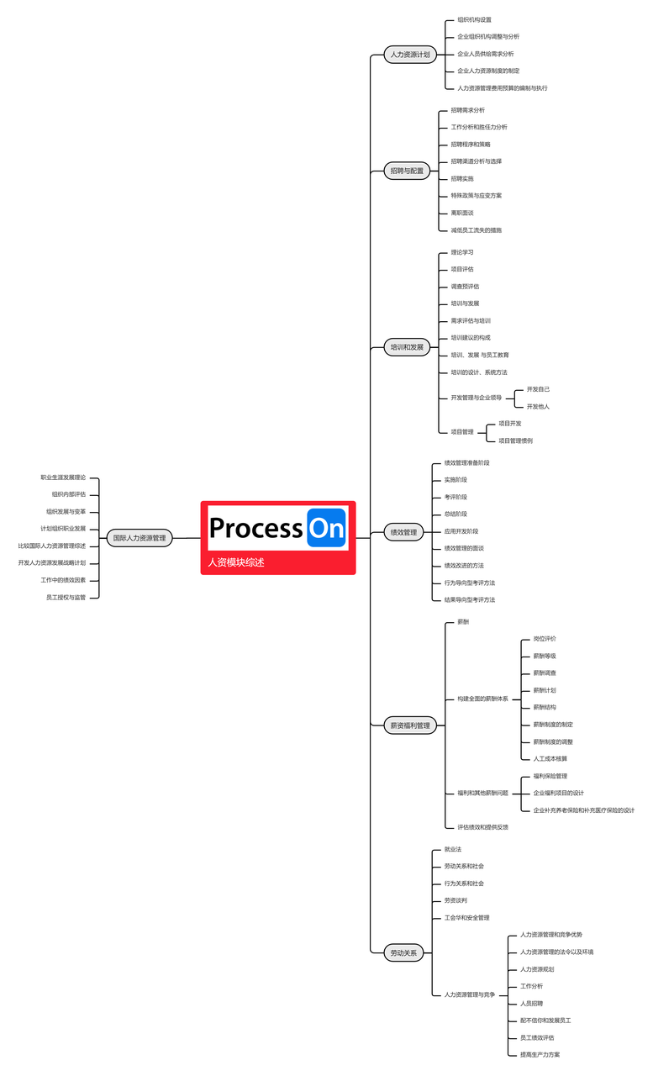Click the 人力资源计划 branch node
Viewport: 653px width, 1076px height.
(x=409, y=55)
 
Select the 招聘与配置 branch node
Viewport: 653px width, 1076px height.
(x=408, y=171)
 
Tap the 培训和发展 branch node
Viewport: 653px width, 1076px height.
(x=408, y=346)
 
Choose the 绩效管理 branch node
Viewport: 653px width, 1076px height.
(x=404, y=532)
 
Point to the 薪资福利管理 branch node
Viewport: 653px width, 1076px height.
(x=410, y=725)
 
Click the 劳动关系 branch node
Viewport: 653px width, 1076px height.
(x=404, y=953)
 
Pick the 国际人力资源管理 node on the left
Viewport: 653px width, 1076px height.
(x=140, y=537)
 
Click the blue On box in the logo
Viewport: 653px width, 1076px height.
(x=326, y=528)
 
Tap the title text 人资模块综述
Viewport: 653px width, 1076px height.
(x=237, y=562)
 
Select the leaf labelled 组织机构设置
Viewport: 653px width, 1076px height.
(x=475, y=19)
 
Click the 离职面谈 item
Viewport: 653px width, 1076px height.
(x=462, y=213)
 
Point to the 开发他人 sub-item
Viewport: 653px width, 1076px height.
(x=538, y=407)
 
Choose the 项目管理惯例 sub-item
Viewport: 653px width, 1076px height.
(x=515, y=440)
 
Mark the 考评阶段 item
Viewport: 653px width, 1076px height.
(x=456, y=497)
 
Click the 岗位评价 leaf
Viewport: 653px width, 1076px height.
(x=545, y=639)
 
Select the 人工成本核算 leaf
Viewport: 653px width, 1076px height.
(x=550, y=758)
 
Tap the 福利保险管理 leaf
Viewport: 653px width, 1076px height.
(x=550, y=776)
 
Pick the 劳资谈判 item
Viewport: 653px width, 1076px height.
(x=456, y=900)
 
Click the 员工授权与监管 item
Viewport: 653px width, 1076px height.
(x=66, y=597)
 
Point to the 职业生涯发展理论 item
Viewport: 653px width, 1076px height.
(x=63, y=477)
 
